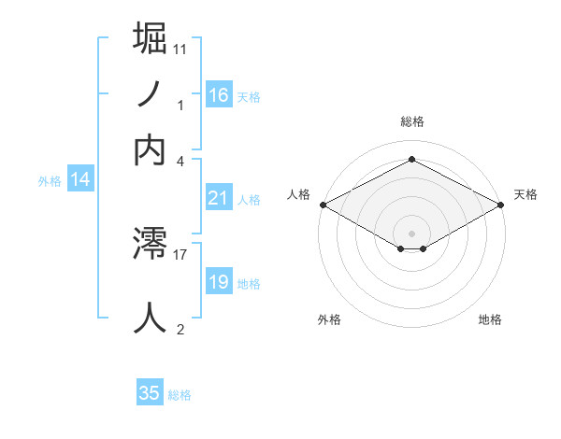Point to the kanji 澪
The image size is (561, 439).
(x=151, y=246)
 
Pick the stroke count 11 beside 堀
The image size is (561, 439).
(x=180, y=48)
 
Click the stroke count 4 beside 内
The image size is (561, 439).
(x=180, y=160)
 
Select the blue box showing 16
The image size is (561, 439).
(x=219, y=94)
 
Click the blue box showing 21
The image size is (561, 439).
(x=219, y=198)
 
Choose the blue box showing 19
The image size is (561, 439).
(x=219, y=282)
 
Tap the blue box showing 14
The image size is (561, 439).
(x=80, y=180)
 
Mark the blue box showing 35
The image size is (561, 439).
(x=150, y=393)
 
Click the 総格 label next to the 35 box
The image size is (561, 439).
(x=180, y=396)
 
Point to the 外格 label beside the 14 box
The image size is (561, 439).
(x=50, y=181)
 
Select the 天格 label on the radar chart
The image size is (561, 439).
(x=525, y=194)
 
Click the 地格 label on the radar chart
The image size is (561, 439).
(x=490, y=319)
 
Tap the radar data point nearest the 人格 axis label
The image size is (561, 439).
(x=322, y=205)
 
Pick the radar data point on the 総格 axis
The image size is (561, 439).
(x=411, y=160)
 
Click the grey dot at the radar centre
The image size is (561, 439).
(x=411, y=232)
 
